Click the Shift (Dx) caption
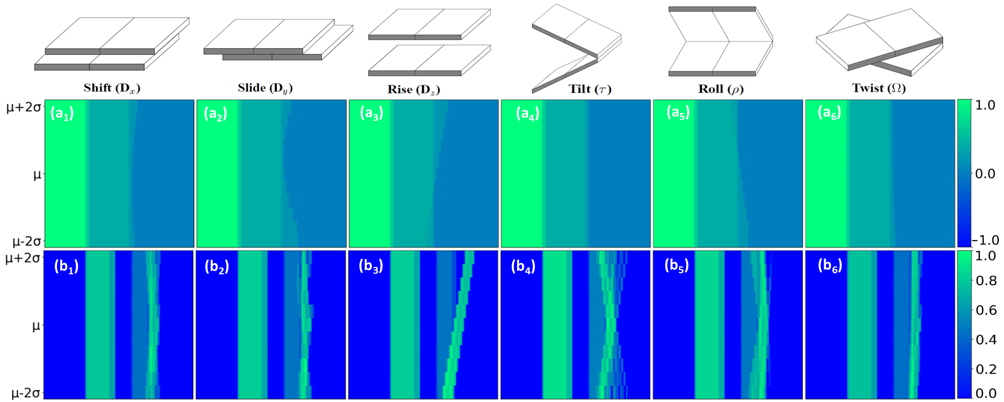[112, 88]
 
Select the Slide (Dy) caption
[265, 88]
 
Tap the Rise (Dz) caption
[414, 90]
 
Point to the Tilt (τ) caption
[590, 89]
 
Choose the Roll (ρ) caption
[721, 89]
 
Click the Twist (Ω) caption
[878, 88]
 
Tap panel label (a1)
[62, 114]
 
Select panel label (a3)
[371, 114]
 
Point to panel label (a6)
[829, 113]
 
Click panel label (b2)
[216, 267]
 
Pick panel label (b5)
[676, 266]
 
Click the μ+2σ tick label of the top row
[24, 108]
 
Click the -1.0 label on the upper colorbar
[985, 240]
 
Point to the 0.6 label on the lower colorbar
[986, 310]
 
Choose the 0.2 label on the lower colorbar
[986, 370]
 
